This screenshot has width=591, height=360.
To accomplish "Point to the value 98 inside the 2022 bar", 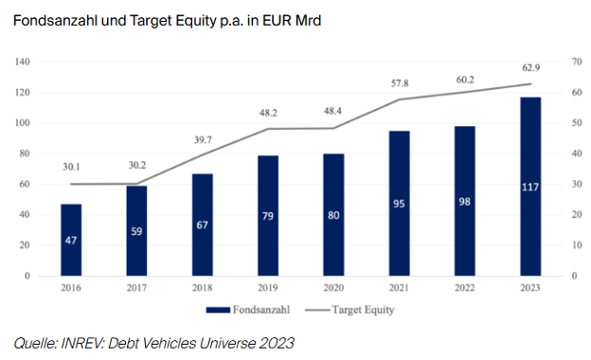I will [463, 201].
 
